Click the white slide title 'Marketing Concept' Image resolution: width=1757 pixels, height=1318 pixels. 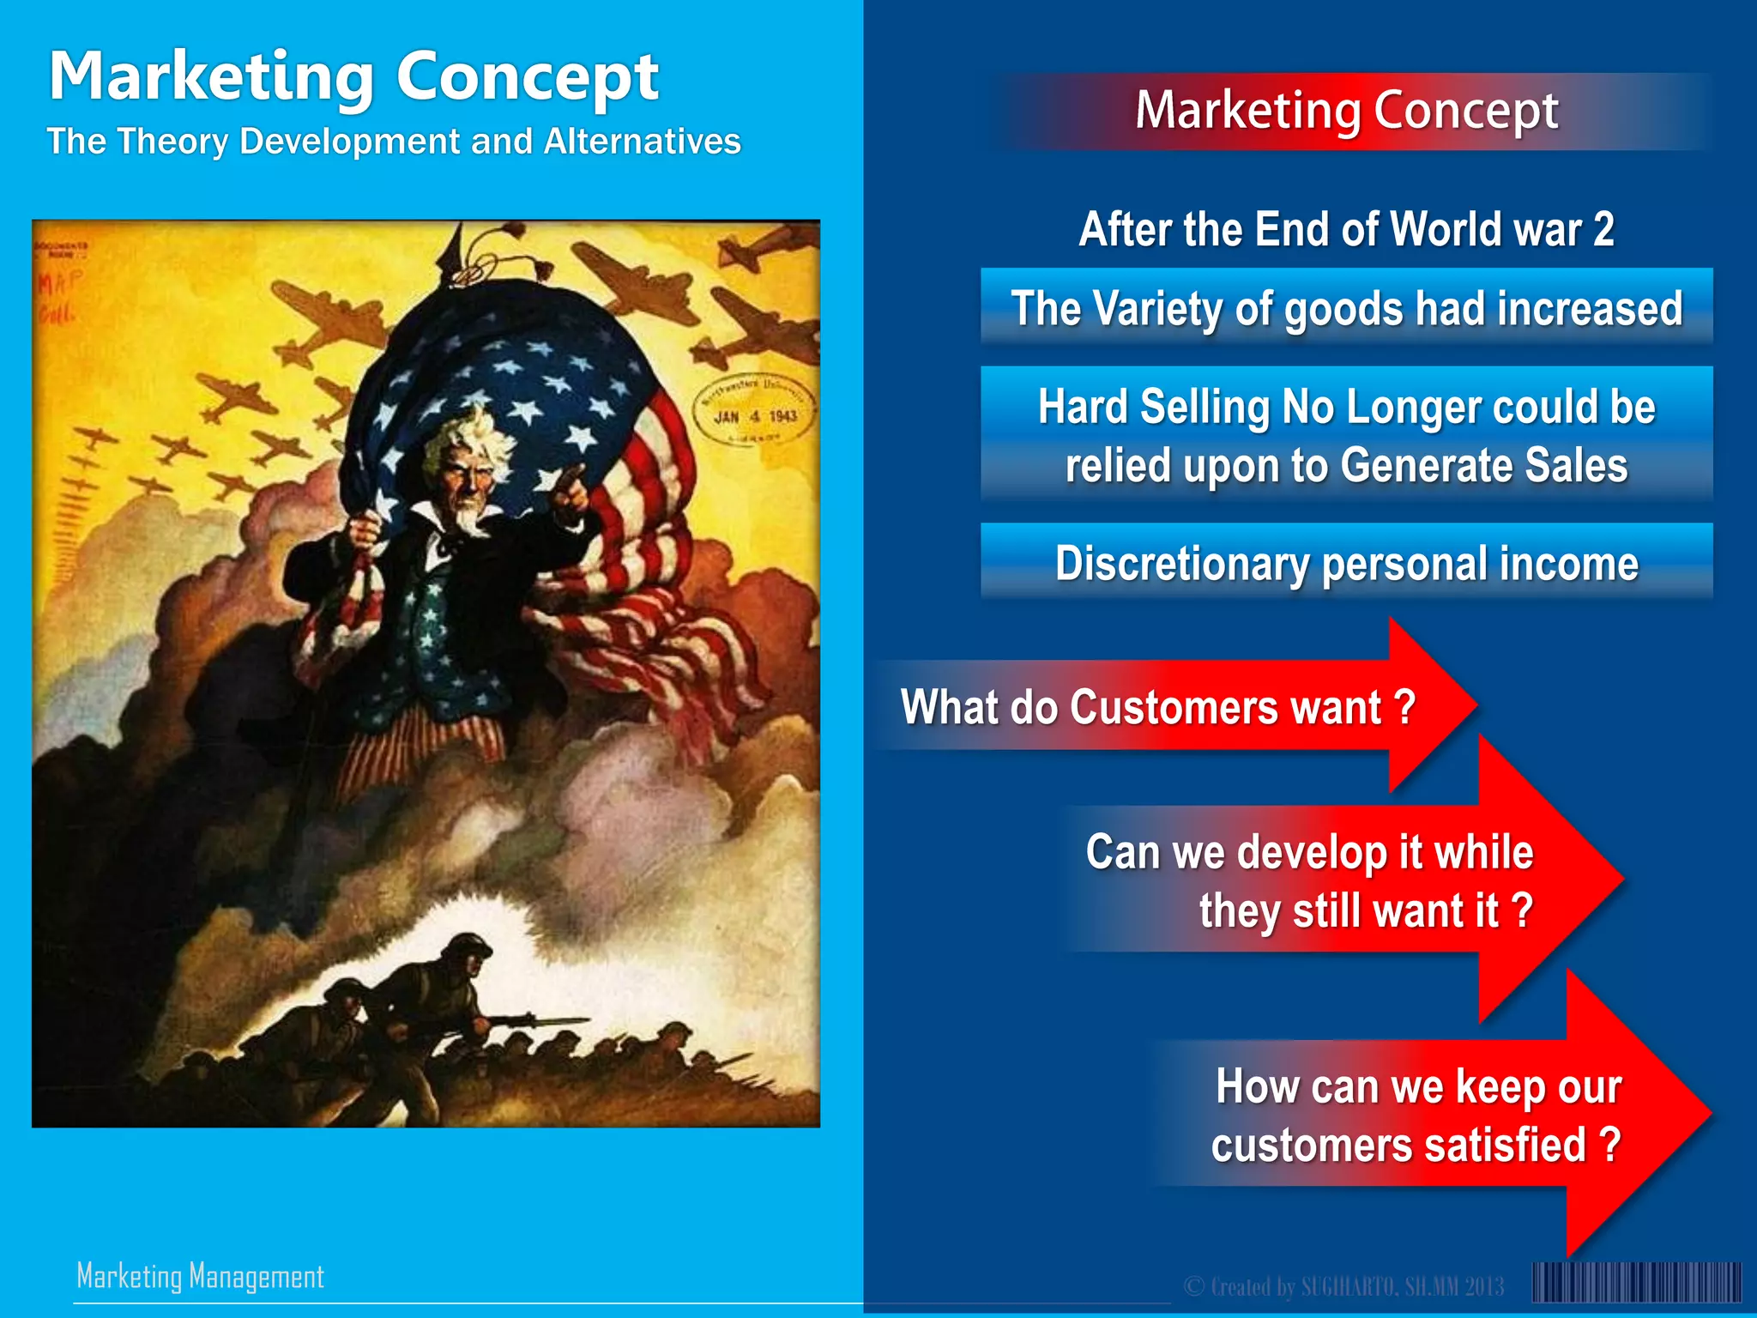point(353,77)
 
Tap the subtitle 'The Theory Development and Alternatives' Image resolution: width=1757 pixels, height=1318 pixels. point(394,142)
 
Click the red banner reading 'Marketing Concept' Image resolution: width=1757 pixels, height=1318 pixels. point(1347,112)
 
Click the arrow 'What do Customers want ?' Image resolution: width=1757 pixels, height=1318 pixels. point(1158,707)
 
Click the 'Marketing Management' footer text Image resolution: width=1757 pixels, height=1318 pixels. point(200,1276)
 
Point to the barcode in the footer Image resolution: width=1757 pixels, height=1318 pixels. point(1637,1283)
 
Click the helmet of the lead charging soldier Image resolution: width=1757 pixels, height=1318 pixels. point(468,949)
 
